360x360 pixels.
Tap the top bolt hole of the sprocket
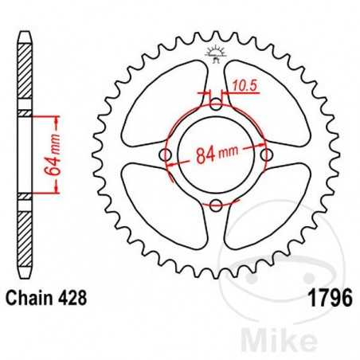[x=216, y=104]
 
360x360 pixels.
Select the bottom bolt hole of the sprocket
[x=216, y=205]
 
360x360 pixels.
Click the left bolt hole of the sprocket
[x=165, y=155]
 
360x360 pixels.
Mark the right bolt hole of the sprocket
[x=267, y=155]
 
